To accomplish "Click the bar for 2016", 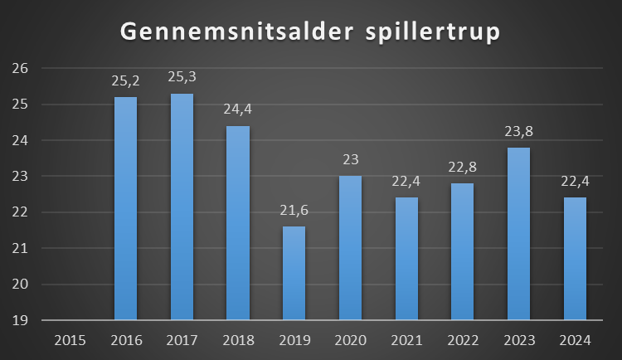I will [x=125, y=208].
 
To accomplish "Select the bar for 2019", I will [x=294, y=273].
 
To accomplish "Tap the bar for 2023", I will [x=518, y=233].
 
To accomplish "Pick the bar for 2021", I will [x=406, y=258].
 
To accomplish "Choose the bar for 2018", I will [x=237, y=222].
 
